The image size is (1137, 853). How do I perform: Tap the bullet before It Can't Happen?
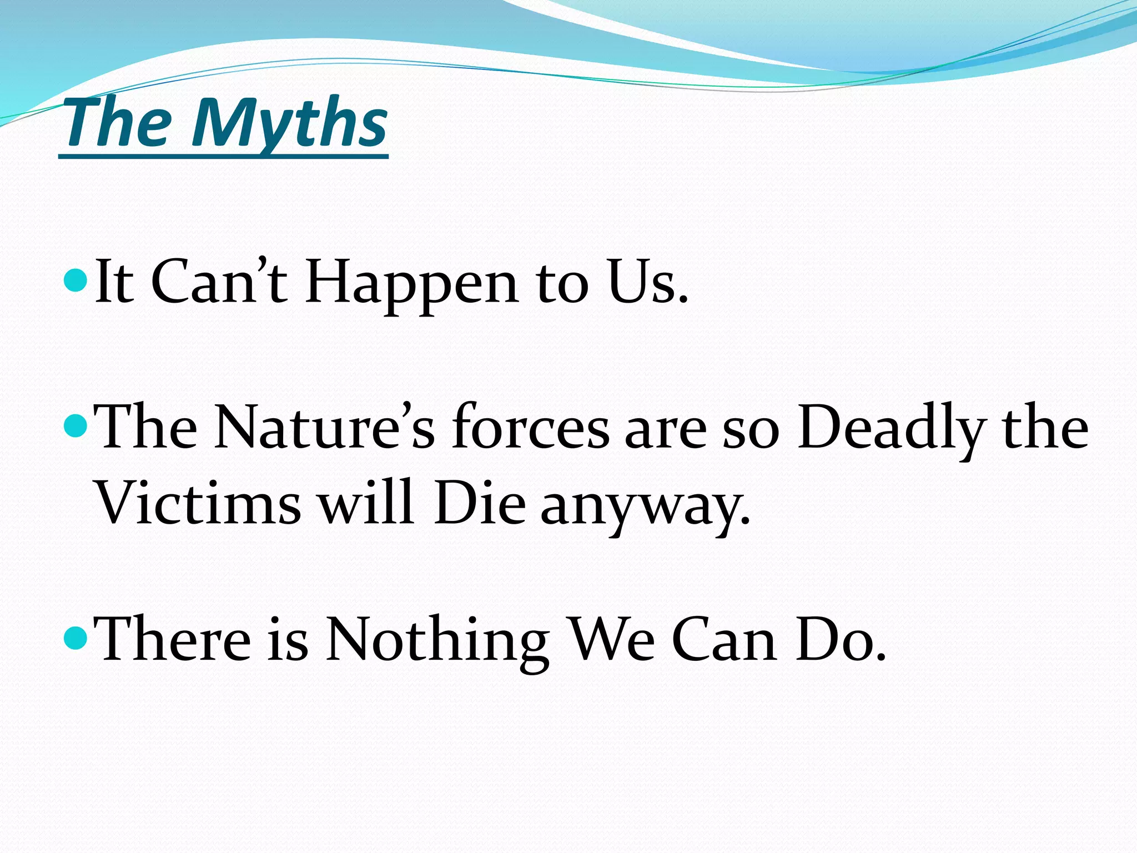pyautogui.click(x=76, y=281)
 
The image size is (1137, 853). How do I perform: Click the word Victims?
pyautogui.click(x=198, y=503)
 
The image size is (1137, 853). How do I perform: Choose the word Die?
pyautogui.click(x=480, y=503)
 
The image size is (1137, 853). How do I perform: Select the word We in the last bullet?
pyautogui.click(x=613, y=640)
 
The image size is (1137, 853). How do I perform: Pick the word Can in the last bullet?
pyautogui.click(x=725, y=640)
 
